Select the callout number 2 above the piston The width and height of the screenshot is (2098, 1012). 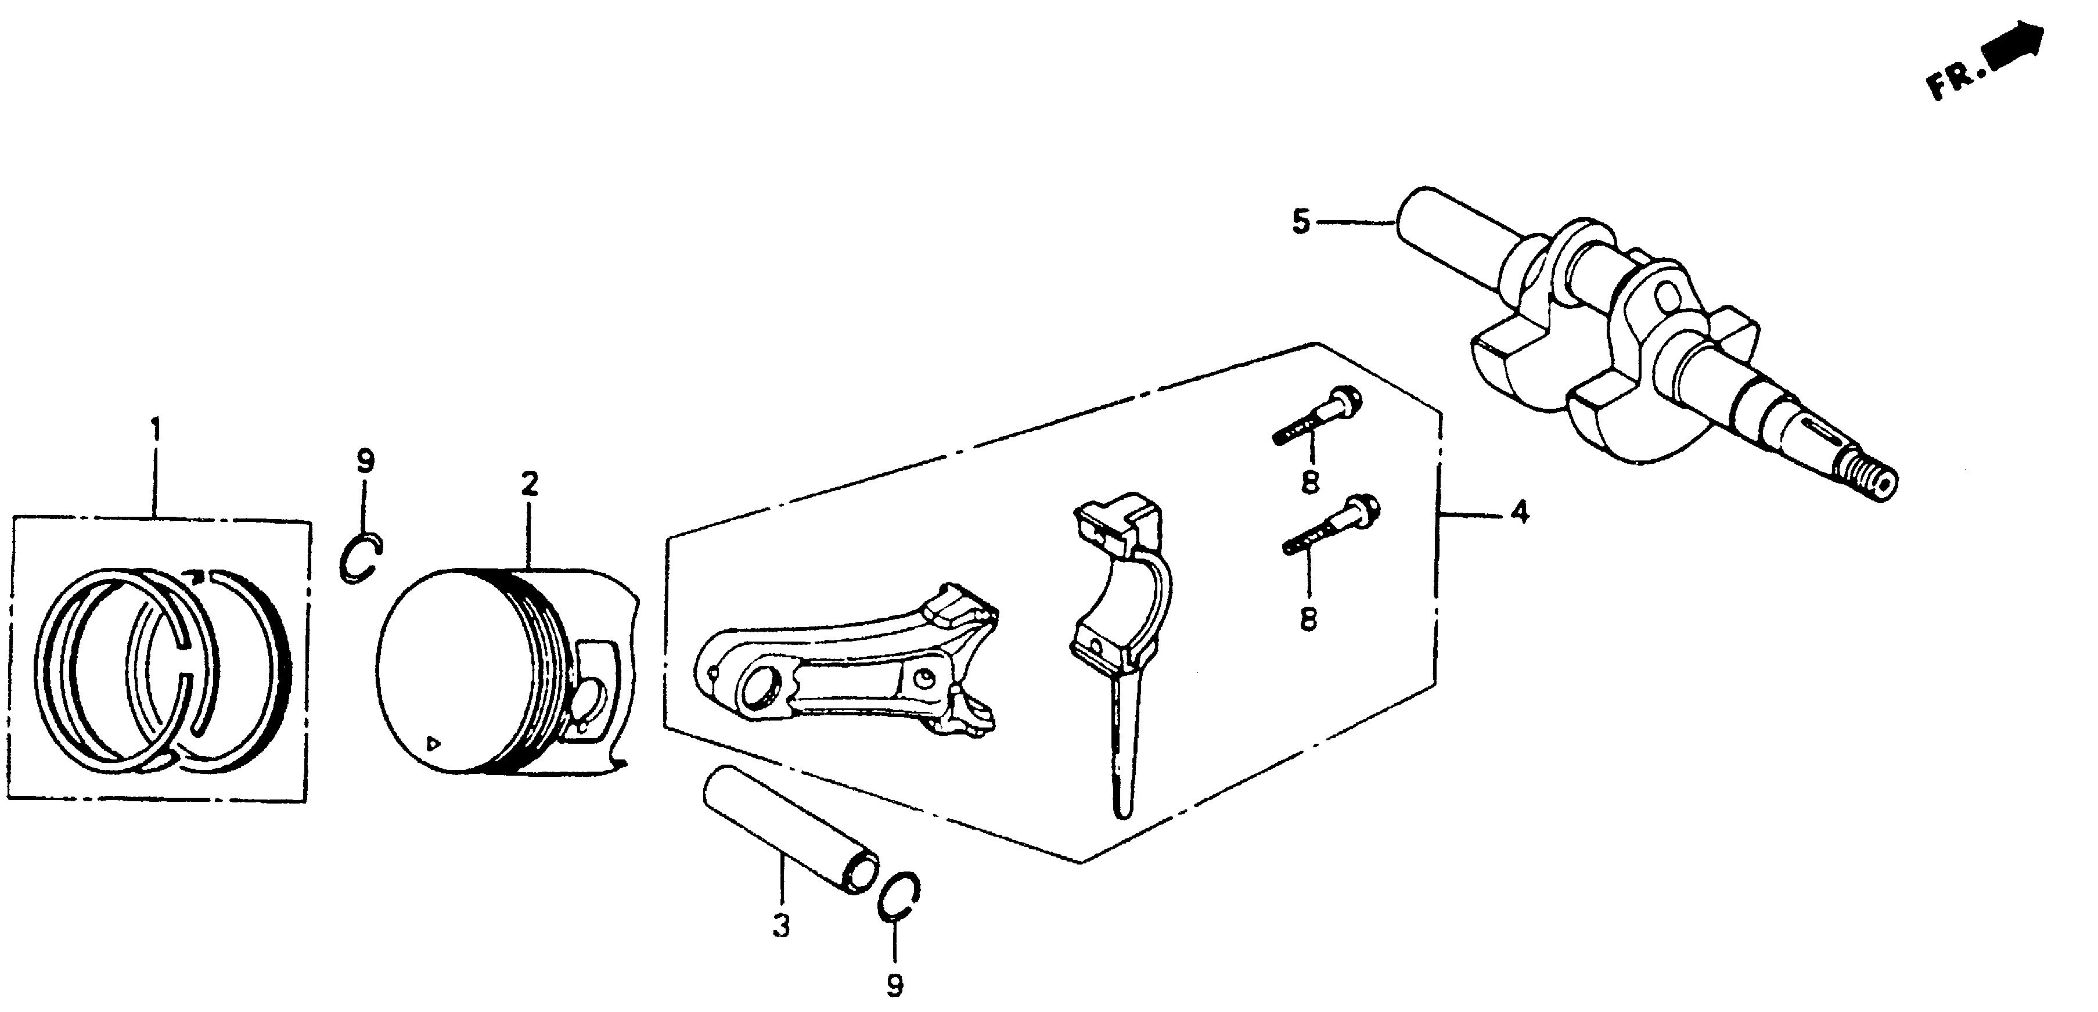530,485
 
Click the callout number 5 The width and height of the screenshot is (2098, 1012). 1301,221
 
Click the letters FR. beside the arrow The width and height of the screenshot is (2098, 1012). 1955,80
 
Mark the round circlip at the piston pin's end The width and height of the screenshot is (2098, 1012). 901,897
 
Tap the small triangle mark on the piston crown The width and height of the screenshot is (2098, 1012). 435,743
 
